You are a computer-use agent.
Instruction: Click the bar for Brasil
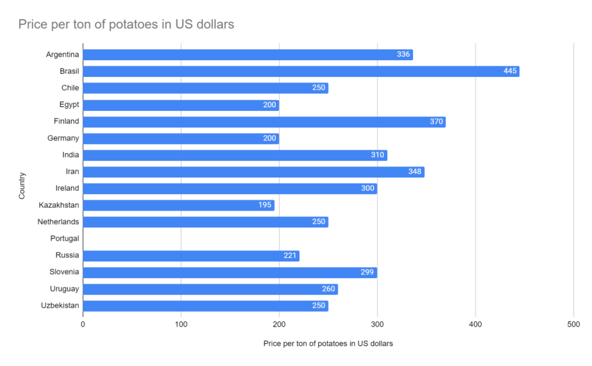tap(301, 71)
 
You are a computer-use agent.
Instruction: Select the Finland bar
tap(264, 121)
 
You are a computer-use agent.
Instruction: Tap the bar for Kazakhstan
tap(179, 205)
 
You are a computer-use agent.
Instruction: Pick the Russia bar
tap(191, 256)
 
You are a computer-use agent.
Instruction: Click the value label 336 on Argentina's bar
tap(403, 54)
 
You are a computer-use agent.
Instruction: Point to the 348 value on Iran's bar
tap(415, 172)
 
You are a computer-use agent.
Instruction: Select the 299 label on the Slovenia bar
tap(367, 272)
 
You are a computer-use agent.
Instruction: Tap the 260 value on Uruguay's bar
tap(328, 289)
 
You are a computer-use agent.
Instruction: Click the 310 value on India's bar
tap(378, 155)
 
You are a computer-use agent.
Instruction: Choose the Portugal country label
tap(65, 239)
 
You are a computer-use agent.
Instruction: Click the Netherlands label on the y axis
tap(58, 221)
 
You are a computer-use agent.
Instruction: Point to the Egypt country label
tap(69, 105)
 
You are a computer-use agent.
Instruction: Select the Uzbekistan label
tap(60, 305)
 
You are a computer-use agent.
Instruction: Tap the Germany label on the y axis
tap(63, 138)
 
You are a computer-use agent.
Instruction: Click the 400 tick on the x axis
tap(475, 324)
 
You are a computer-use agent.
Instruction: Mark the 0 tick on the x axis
tap(83, 324)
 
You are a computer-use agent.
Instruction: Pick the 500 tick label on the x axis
tap(573, 324)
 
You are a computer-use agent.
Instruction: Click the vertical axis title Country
tap(22, 186)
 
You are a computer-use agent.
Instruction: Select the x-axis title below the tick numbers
tap(328, 343)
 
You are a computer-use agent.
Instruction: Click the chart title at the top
tap(126, 24)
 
